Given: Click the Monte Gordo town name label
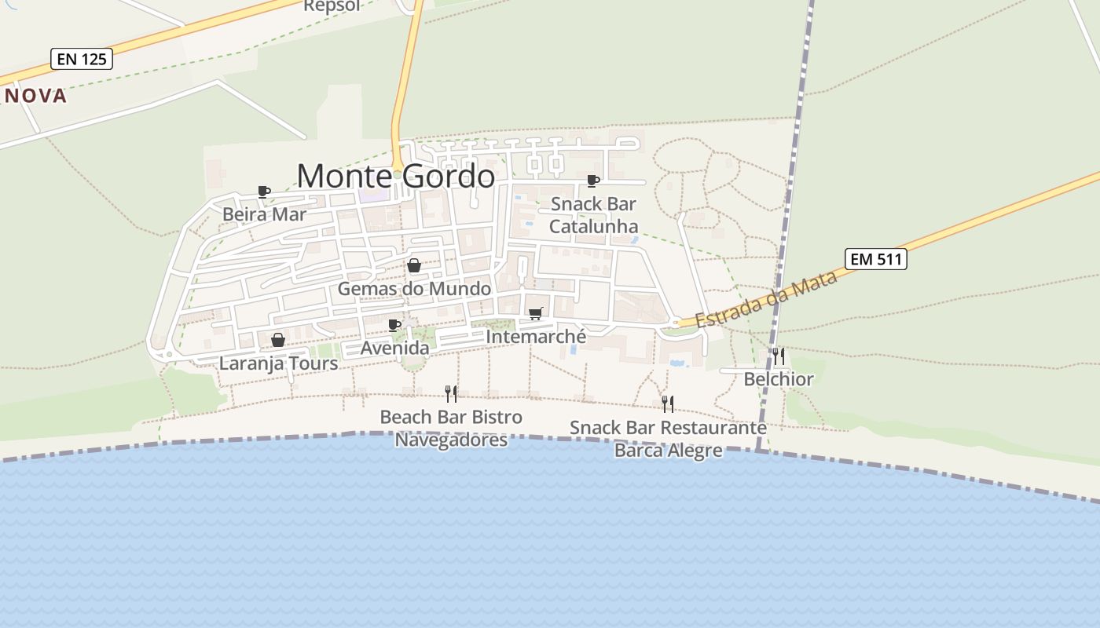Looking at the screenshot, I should coord(396,176).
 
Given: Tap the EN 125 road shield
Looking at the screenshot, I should coord(82,59).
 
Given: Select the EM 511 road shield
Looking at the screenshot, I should coord(876,259).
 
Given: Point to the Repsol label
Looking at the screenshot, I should coord(332,6).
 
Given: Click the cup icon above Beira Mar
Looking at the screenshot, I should coord(264,192).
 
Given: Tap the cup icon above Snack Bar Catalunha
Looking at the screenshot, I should coord(593,181).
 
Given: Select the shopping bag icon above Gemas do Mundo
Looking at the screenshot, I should coord(414,266).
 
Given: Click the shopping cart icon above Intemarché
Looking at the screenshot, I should coord(536,314).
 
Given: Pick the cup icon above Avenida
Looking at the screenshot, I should coord(394,325).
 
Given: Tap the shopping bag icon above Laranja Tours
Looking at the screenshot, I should coord(278,340).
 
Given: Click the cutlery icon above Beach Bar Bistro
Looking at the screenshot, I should coord(451,393).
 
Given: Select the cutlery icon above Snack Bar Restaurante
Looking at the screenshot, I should coord(668,404).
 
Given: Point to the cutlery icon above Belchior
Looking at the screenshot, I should coord(778,356).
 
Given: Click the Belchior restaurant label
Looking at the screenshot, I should coord(779,379).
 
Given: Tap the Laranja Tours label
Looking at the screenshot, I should coord(278,363).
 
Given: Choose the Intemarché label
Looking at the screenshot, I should coord(536,337).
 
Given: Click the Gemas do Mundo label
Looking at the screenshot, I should coord(414,289).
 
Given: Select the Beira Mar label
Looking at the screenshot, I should coord(264,214).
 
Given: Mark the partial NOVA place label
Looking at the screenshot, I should coord(35,96).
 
